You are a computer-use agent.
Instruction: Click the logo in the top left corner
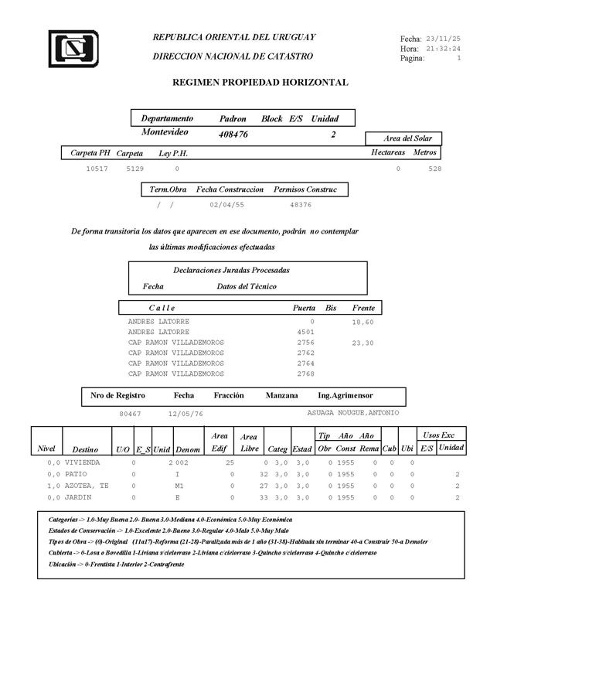pos(73,49)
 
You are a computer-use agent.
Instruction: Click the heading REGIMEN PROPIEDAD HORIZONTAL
pos(260,82)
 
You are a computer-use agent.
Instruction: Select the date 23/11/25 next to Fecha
pos(444,38)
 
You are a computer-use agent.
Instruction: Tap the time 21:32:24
pos(444,48)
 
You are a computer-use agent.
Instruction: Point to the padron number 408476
pos(233,134)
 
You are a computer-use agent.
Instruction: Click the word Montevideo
pos(165,133)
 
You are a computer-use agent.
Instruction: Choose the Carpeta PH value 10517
pos(97,168)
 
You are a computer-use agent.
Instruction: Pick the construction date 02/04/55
pos(226,205)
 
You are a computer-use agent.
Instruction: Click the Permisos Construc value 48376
pos(301,205)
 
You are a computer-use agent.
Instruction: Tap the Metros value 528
pos(434,168)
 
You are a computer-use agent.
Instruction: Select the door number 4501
pos(306,332)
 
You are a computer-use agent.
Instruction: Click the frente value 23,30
pos(363,343)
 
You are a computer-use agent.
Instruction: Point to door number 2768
pos(306,374)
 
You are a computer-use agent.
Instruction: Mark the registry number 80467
pos(130,414)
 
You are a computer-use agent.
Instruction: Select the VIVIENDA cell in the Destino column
pos(83,462)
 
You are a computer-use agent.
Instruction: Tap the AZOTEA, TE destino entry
pos(87,486)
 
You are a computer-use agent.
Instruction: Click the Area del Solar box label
pos(408,138)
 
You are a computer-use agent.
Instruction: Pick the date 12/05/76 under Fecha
pos(186,414)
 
